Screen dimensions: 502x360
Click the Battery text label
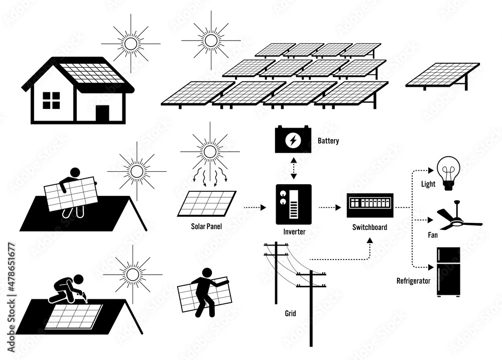328,141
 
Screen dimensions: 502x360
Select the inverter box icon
294,204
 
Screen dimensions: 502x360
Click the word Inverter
293,232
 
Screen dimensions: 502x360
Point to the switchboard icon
369,206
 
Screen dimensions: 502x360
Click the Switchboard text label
369,227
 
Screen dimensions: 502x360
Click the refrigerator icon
448,272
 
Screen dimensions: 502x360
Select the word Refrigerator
414,281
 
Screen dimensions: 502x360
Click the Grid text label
290,314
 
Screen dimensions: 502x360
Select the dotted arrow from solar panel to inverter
256,206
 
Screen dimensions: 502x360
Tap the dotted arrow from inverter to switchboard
328,206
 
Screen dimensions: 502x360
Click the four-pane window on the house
51,100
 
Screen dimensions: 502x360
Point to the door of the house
102,113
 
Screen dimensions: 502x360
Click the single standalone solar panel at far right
442,75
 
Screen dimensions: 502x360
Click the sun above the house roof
131,44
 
